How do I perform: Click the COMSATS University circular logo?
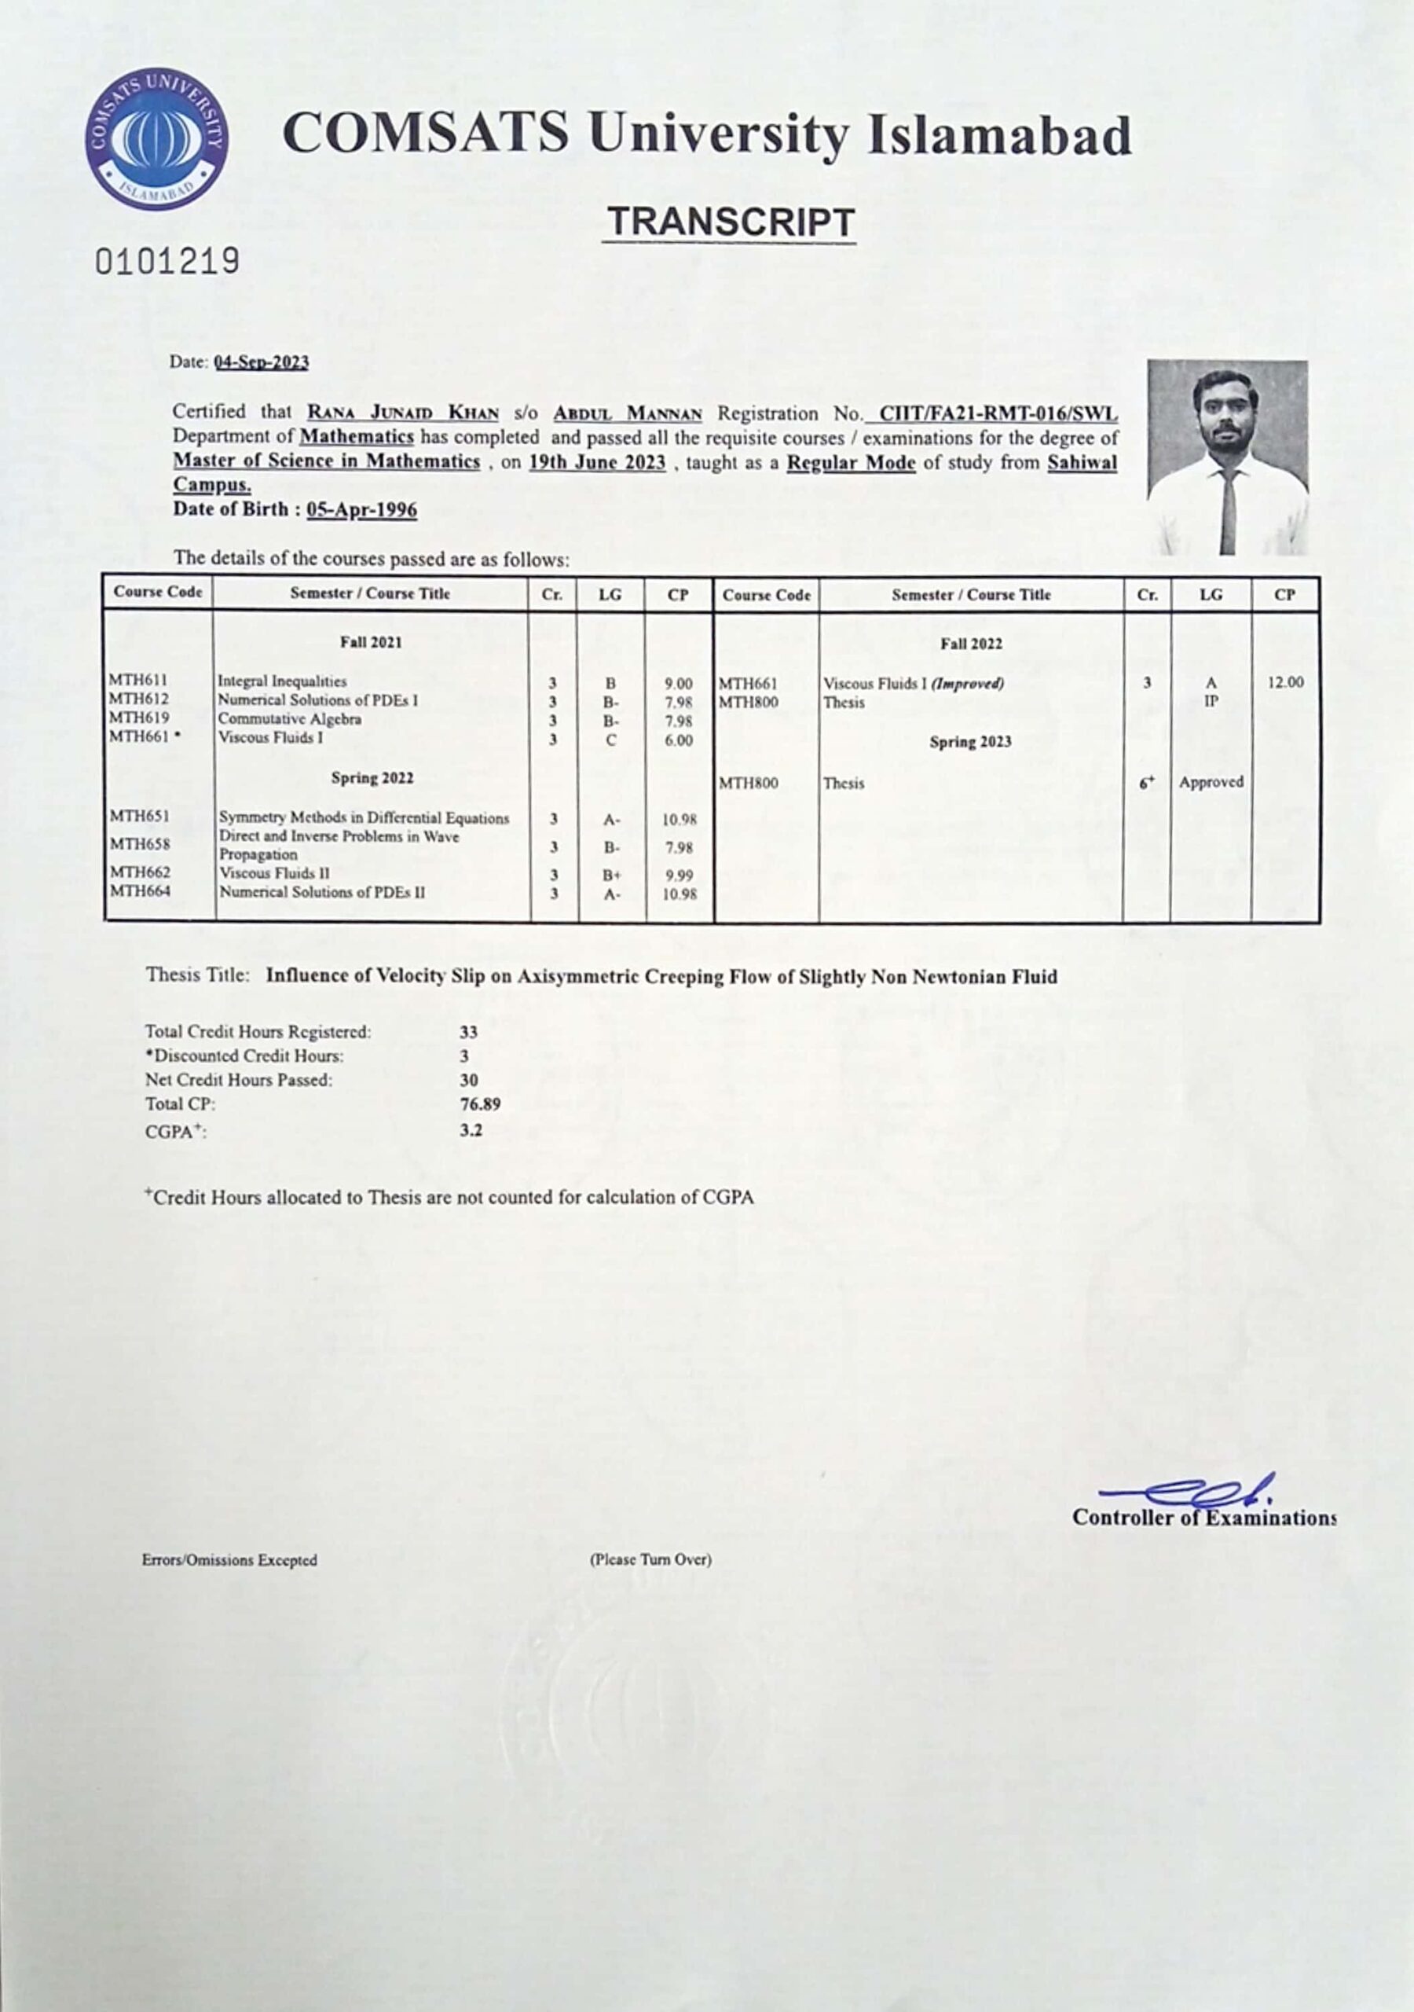pyautogui.click(x=158, y=140)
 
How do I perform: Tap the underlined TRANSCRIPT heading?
pyautogui.click(x=730, y=222)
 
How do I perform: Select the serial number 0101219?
pyautogui.click(x=167, y=261)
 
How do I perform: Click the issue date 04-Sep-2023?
pyautogui.click(x=261, y=363)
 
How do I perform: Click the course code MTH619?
pyautogui.click(x=137, y=718)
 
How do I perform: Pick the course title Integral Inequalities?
pyautogui.click(x=282, y=681)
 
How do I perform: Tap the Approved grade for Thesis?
pyautogui.click(x=1211, y=782)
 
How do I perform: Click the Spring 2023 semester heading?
pyautogui.click(x=970, y=741)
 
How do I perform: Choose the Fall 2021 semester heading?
pyautogui.click(x=371, y=642)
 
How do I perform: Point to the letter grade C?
pyautogui.click(x=610, y=740)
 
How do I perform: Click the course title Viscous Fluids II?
pyautogui.click(x=274, y=873)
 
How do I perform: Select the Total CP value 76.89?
pyautogui.click(x=480, y=1104)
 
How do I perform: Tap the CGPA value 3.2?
pyautogui.click(x=471, y=1130)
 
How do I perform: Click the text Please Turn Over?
pyautogui.click(x=650, y=1560)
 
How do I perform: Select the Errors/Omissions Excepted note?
pyautogui.click(x=229, y=1561)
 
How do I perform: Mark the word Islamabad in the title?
pyautogui.click(x=998, y=136)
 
